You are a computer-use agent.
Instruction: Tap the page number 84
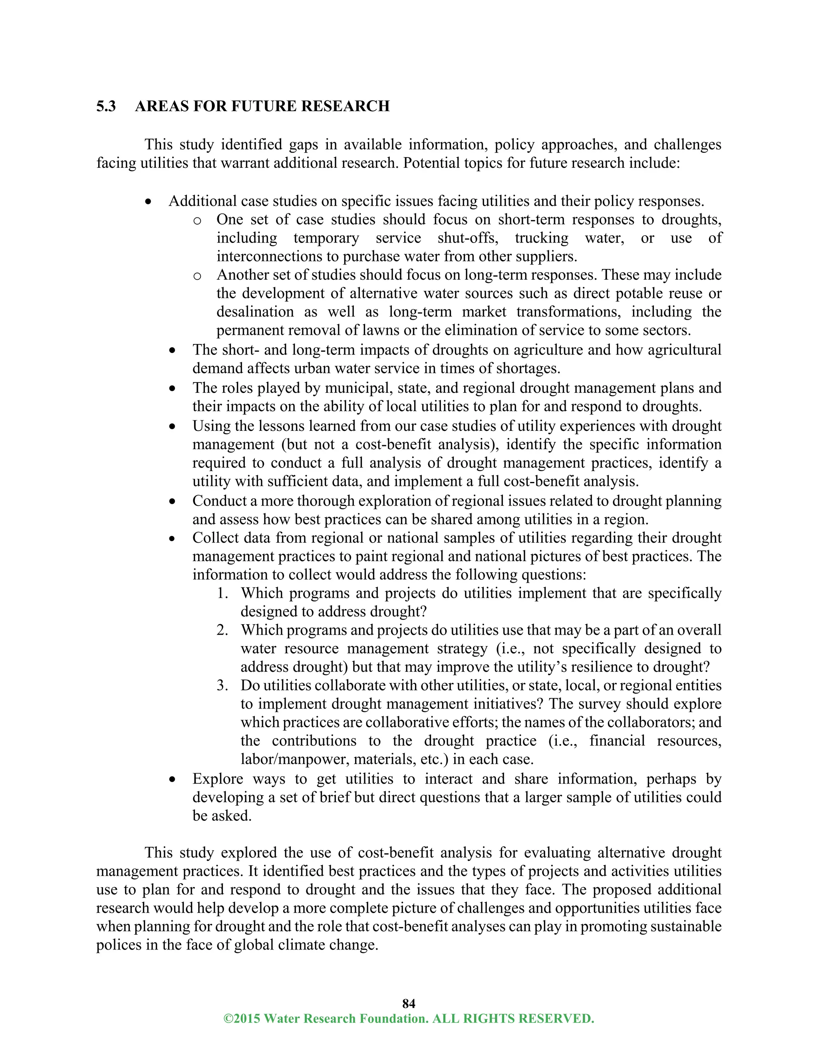[x=409, y=1003]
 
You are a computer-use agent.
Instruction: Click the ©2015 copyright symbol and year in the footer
[x=241, y=1018]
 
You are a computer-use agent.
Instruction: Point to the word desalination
[x=255, y=312]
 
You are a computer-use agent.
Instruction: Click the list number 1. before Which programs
[x=222, y=593]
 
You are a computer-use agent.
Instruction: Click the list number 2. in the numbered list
[x=222, y=630]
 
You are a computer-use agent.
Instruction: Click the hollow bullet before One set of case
[x=197, y=221]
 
